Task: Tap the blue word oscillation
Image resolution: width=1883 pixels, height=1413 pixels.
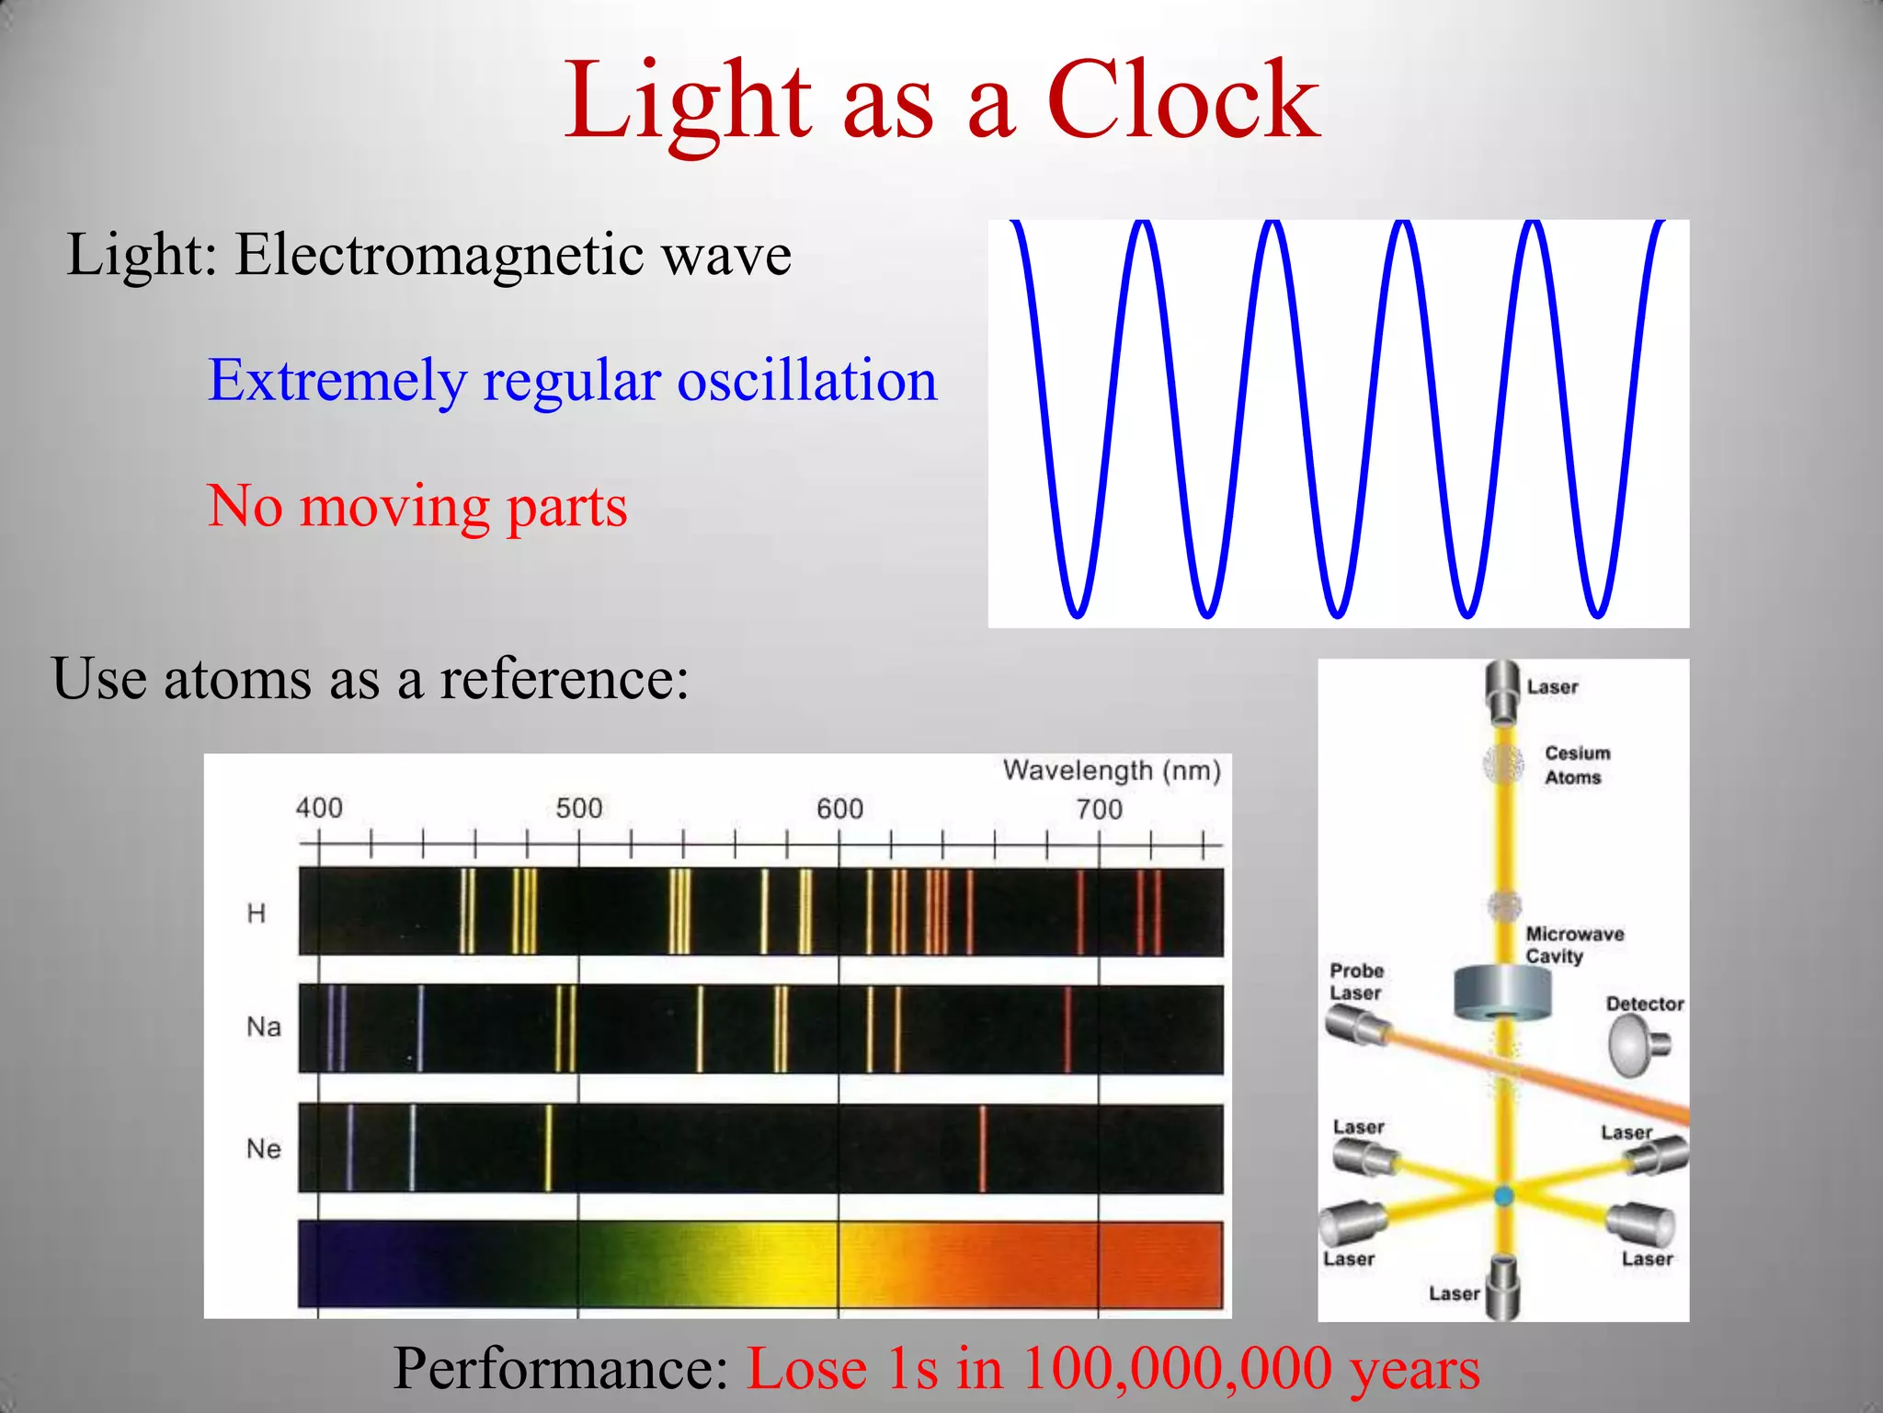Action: [x=807, y=380]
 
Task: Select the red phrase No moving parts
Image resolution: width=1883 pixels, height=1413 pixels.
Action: [x=417, y=506]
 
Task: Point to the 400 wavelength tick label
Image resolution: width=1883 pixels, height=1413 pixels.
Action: [x=319, y=809]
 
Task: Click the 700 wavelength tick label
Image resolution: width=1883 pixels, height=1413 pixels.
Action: [x=1099, y=810]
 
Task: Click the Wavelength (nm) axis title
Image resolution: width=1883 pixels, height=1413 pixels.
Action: [x=1111, y=771]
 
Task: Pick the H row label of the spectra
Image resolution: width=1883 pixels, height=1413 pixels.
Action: [x=257, y=913]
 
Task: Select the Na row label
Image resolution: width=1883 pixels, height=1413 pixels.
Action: [x=263, y=1027]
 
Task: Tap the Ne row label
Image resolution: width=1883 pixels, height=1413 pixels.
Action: [x=263, y=1149]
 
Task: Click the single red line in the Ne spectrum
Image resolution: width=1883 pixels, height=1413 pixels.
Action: [x=983, y=1149]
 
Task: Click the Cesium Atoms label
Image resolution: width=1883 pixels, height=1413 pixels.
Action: [x=1576, y=765]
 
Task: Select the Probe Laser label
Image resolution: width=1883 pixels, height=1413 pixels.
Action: [x=1356, y=982]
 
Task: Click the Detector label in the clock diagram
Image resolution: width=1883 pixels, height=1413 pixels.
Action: [x=1644, y=1004]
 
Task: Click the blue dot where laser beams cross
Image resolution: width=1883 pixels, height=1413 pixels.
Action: [x=1503, y=1196]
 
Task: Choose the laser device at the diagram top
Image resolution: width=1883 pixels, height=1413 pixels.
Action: [x=1501, y=690]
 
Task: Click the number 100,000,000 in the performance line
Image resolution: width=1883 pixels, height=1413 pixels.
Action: [x=1176, y=1369]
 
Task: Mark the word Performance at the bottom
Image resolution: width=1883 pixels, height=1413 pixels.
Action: [x=560, y=1369]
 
